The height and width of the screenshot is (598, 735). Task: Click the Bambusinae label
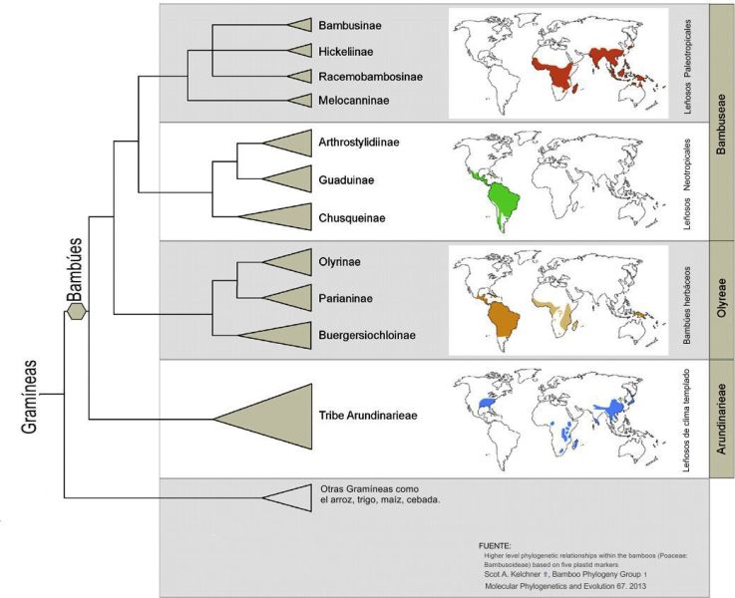coord(350,25)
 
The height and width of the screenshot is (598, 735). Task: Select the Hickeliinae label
coord(346,51)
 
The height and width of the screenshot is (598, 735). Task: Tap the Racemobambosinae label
coord(370,77)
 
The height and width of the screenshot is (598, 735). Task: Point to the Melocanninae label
coord(353,101)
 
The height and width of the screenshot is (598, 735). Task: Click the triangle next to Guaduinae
coord(287,178)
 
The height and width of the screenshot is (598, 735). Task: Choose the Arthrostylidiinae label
coord(359,142)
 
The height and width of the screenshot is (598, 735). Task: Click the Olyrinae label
coord(339,262)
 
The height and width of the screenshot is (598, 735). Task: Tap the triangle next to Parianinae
coord(287,298)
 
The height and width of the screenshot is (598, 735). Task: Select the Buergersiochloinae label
coord(367,335)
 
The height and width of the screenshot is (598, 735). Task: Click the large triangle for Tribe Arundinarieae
coord(263,418)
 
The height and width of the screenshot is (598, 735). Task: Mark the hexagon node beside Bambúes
coord(76,311)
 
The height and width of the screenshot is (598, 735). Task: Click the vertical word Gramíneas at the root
coord(29,397)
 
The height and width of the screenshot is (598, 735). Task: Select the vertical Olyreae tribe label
coord(722,298)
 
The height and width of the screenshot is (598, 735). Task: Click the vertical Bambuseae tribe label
coord(721,125)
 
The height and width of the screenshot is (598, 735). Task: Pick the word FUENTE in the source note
coord(495,546)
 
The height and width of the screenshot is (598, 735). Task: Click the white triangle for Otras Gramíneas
coord(287,497)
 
